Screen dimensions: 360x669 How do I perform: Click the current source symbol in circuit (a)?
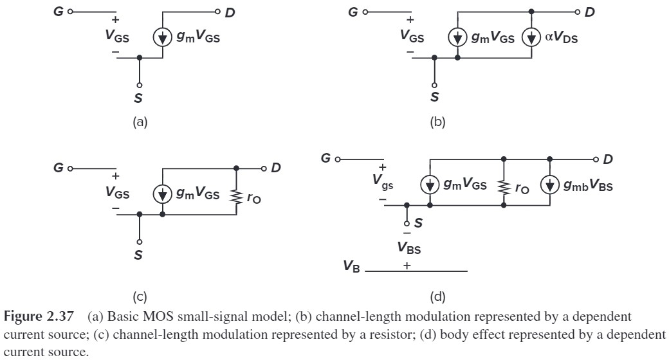click(162, 38)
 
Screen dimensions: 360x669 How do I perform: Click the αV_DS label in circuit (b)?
click(562, 38)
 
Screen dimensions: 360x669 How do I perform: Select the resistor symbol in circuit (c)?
click(237, 195)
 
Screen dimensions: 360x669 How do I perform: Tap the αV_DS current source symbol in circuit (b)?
click(531, 38)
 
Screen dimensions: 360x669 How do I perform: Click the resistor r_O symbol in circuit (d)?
click(504, 186)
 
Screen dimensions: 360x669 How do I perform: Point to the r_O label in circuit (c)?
click(255, 197)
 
